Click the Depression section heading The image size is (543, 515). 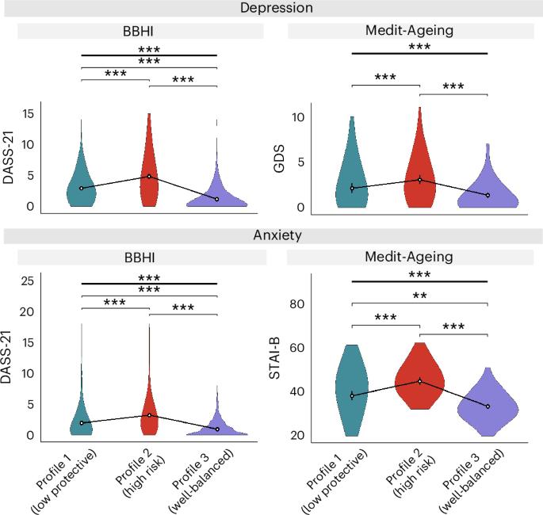[271, 8]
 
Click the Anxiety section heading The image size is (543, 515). [271, 235]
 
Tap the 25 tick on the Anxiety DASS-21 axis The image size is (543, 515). [27, 280]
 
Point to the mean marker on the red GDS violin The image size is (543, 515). [419, 179]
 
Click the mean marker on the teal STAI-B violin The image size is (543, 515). [352, 395]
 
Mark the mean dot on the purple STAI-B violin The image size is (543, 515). [488, 406]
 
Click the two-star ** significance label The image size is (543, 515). [419, 296]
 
